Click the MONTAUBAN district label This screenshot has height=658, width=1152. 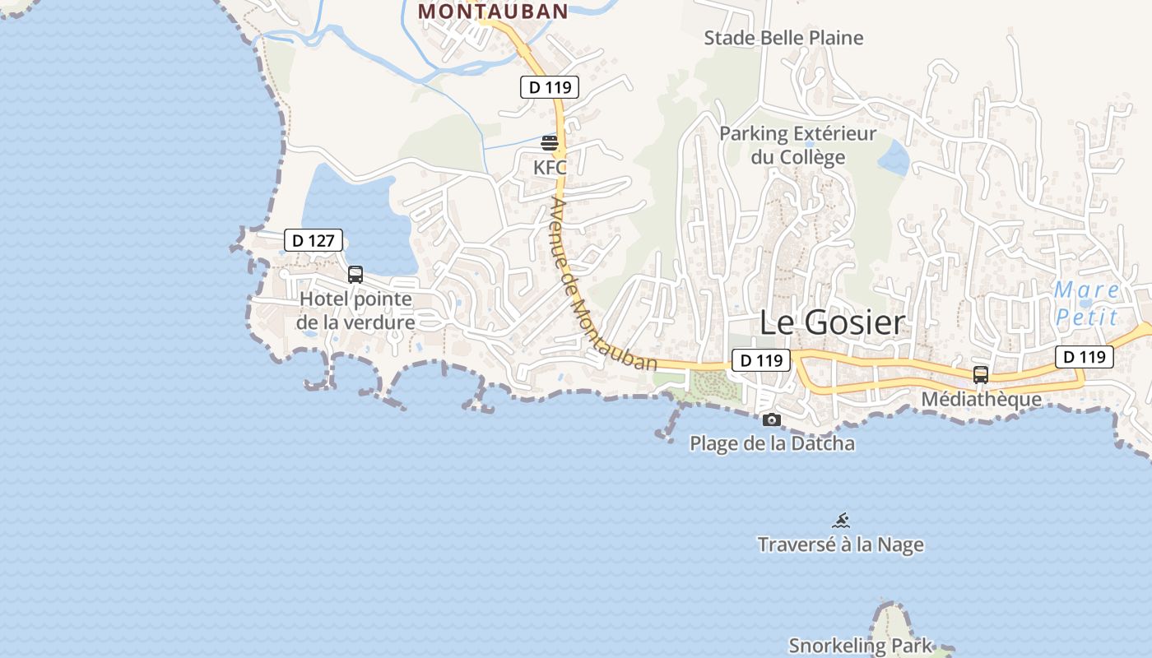point(493,12)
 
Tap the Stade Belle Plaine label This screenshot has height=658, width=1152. point(783,38)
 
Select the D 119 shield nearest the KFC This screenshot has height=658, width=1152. point(550,87)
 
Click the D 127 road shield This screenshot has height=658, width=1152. point(314,240)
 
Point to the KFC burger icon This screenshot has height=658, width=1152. point(550,143)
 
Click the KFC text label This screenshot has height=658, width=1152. point(550,168)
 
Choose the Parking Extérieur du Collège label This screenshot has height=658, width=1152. point(797,145)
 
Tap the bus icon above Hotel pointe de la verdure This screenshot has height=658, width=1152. point(355,275)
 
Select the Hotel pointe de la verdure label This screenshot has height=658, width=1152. point(355,310)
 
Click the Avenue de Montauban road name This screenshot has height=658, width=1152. point(602,284)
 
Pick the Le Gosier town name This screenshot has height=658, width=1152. point(831,322)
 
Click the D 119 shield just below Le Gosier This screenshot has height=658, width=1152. point(760,360)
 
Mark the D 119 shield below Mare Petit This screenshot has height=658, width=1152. point(1085,357)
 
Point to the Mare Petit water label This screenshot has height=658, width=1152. point(1087,303)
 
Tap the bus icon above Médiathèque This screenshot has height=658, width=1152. point(980,375)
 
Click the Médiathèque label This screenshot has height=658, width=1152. point(981,400)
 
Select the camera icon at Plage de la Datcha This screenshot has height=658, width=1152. point(771,420)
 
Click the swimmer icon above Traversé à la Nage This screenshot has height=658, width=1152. point(840,521)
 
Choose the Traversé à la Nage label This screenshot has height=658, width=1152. point(840,544)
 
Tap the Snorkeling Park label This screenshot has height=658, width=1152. point(861,646)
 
